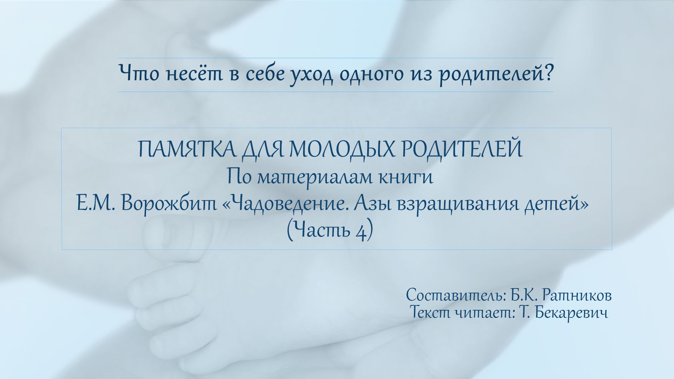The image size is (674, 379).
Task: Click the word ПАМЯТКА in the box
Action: point(186,149)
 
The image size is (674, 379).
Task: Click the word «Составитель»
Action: point(455,295)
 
